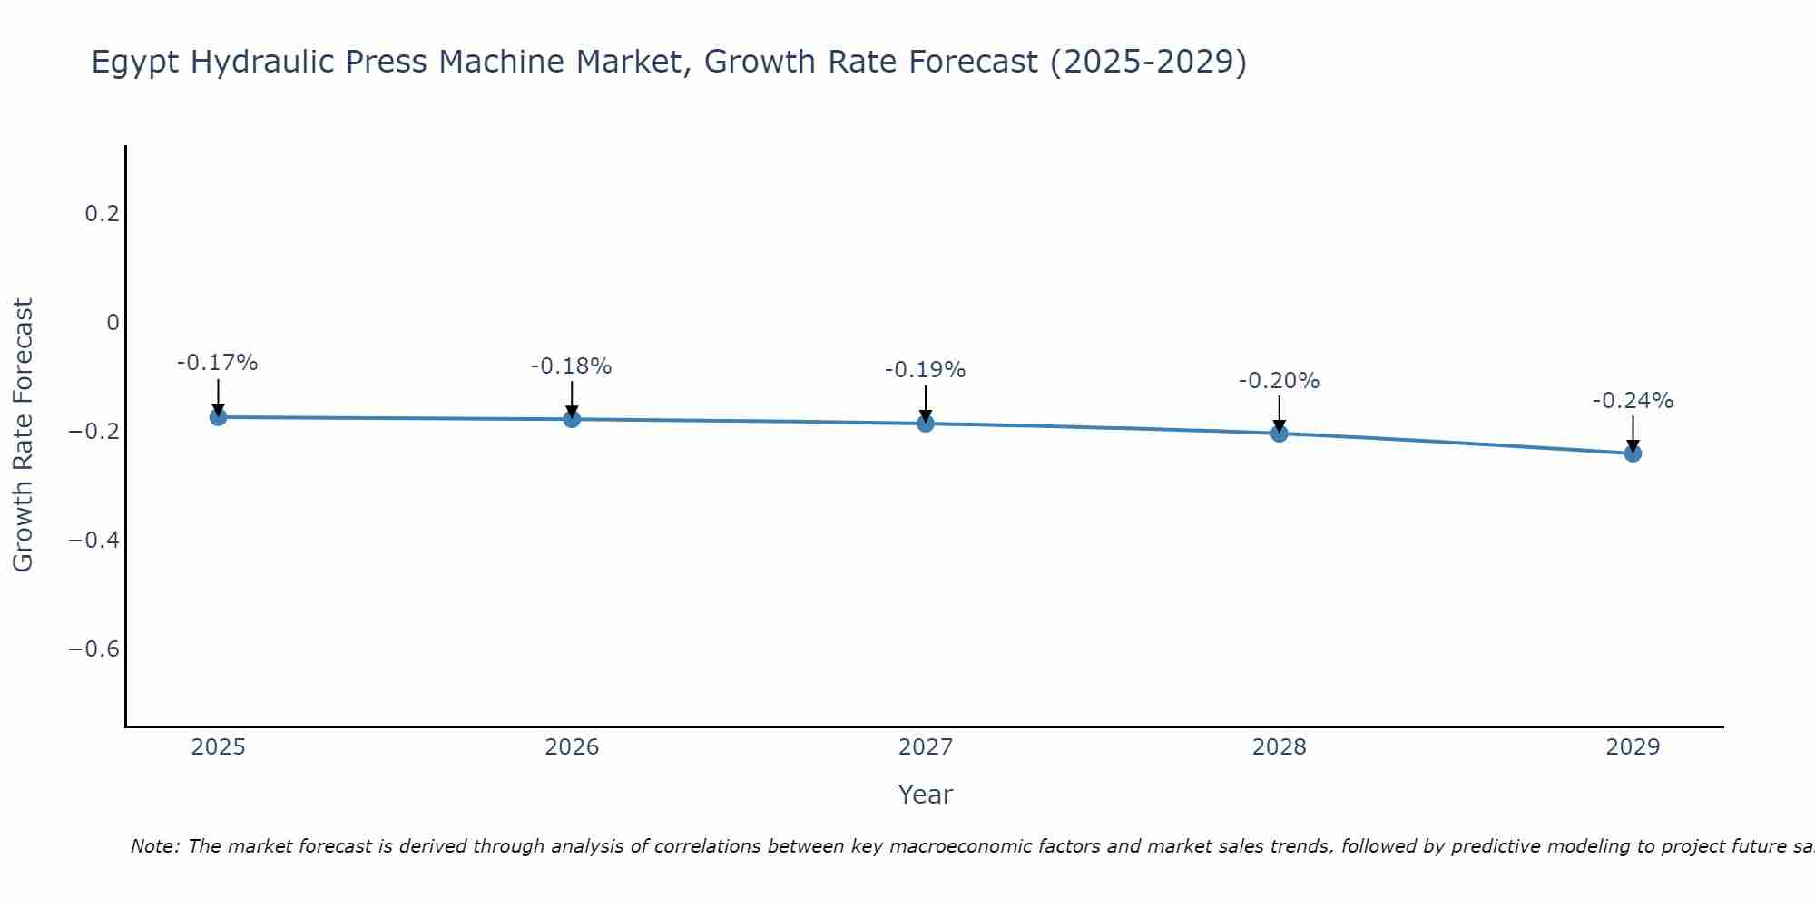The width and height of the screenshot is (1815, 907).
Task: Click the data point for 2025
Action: click(x=218, y=417)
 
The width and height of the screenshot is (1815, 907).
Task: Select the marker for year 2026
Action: click(x=572, y=419)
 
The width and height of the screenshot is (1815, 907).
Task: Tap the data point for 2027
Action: click(x=926, y=424)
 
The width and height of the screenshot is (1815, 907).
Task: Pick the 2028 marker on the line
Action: click(x=1280, y=434)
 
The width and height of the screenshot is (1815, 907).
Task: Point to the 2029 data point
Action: click(x=1633, y=453)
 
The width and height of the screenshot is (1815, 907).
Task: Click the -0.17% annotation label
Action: click(x=218, y=363)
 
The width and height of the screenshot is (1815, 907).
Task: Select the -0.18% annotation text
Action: click(x=572, y=366)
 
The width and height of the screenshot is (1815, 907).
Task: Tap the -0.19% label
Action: click(x=926, y=370)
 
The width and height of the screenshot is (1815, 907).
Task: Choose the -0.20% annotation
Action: click(x=1280, y=381)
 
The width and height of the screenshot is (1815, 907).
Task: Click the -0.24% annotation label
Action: click(x=1633, y=401)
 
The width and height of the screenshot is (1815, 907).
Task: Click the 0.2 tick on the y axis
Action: click(x=102, y=214)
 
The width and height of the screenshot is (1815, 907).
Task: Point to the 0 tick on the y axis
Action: click(x=113, y=323)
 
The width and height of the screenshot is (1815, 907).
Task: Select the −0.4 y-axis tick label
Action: click(x=93, y=541)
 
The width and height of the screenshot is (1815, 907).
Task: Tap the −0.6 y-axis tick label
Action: click(x=93, y=649)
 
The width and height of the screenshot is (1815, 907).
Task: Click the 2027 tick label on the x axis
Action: click(x=926, y=747)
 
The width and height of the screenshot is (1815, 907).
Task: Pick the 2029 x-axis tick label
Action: click(x=1633, y=747)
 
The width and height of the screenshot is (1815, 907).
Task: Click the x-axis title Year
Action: click(x=926, y=795)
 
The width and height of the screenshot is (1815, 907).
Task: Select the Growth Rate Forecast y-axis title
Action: click(x=23, y=435)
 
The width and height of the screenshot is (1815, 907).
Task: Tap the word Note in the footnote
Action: click(x=156, y=846)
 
